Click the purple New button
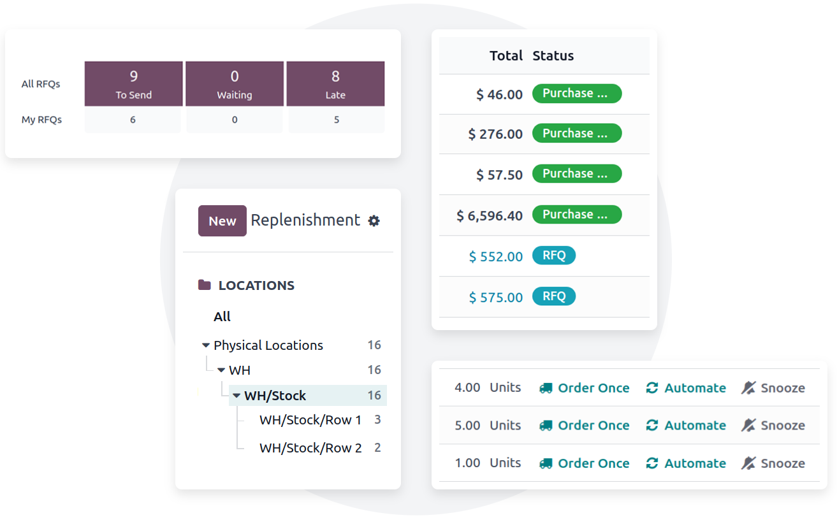click(x=222, y=220)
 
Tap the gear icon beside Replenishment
click(x=374, y=220)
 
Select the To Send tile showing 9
click(x=133, y=83)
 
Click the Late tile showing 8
click(x=335, y=83)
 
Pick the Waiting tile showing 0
click(x=235, y=83)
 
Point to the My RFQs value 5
click(x=337, y=120)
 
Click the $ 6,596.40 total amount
click(x=490, y=215)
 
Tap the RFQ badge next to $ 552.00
click(x=554, y=256)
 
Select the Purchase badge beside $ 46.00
click(x=577, y=94)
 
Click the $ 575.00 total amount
click(x=496, y=298)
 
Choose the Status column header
click(x=553, y=55)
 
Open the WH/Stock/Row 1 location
click(x=310, y=420)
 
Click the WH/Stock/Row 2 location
click(x=310, y=447)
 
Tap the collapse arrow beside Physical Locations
click(x=205, y=345)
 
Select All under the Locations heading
click(x=222, y=317)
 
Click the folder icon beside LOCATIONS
click(x=205, y=285)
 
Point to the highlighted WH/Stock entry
click(x=275, y=396)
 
